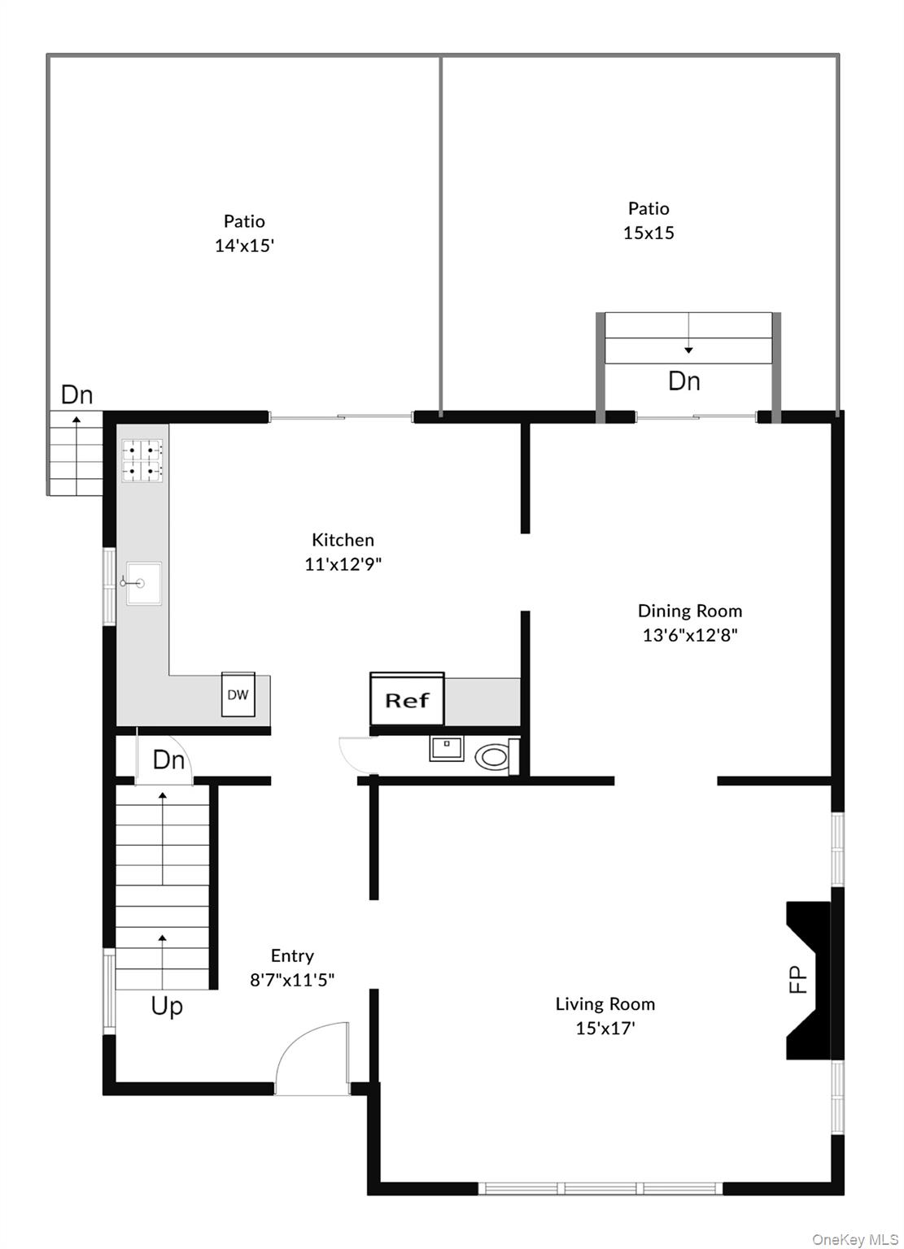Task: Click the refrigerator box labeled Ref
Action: (407, 699)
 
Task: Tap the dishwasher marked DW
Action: (238, 694)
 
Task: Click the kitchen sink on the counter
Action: (143, 582)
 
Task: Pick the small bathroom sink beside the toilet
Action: (447, 748)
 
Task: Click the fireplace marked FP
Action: (806, 979)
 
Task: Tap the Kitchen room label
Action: (343, 540)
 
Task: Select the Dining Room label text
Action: (689, 611)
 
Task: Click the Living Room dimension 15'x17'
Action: (605, 1029)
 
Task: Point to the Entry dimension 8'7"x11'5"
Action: (292, 981)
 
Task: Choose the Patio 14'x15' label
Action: (244, 233)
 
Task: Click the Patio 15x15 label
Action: (649, 220)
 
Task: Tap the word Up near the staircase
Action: (167, 1007)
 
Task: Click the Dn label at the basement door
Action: (168, 760)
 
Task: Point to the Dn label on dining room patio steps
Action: (683, 381)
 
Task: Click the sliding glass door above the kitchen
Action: (341, 418)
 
